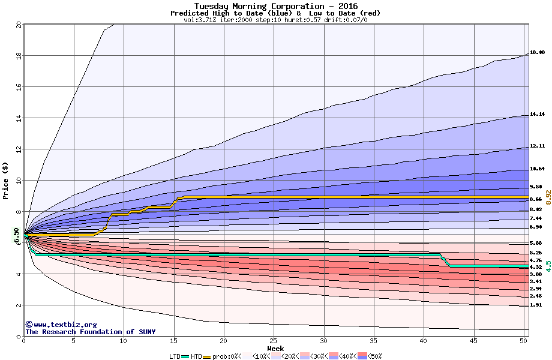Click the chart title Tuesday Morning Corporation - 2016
coord(275,6)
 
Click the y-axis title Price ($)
coord(5,181)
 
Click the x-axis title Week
coord(275,348)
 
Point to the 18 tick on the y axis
coord(18,55)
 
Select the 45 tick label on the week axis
coord(473,341)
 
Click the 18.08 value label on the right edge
coord(537,53)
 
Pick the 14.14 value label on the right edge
coord(537,114)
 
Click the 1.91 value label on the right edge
coord(536,305)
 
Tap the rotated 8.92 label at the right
coord(548,199)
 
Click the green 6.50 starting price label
coord(17,235)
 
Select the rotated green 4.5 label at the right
coord(548,266)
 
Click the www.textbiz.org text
coord(56,325)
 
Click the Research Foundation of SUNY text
coord(90,332)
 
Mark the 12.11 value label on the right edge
coord(537,146)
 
